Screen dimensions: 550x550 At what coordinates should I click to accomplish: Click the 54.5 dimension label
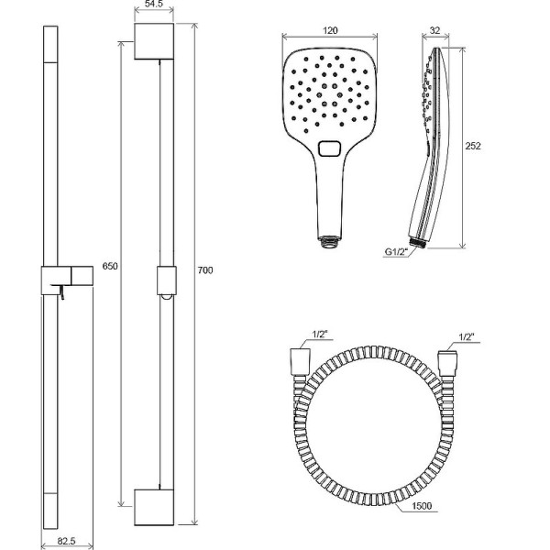154,5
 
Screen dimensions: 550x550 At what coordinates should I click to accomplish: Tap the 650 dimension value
110,266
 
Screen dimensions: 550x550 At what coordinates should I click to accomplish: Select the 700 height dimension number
205,270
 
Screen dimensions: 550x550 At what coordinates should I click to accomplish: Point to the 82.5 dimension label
66,541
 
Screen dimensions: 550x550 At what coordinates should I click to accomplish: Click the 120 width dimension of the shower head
330,30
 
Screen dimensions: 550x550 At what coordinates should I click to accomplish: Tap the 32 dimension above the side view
434,30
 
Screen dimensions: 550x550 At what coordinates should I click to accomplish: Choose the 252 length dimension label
473,146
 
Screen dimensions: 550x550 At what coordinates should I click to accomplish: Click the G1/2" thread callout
397,251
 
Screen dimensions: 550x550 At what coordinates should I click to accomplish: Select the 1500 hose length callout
422,506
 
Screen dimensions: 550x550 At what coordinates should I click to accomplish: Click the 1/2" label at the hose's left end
320,335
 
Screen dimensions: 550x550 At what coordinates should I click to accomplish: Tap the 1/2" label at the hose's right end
467,336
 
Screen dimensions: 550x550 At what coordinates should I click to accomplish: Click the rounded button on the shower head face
329,148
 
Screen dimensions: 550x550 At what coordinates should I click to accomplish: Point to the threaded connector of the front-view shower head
329,242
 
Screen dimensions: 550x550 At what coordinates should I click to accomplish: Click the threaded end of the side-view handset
417,242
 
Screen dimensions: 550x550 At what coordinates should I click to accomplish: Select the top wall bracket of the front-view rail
154,41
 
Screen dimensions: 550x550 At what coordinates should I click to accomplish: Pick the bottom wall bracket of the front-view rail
154,507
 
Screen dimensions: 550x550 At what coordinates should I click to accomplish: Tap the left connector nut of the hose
301,362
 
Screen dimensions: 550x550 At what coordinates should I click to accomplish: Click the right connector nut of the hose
447,363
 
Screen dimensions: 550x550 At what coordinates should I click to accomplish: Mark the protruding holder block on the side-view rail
82,276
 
